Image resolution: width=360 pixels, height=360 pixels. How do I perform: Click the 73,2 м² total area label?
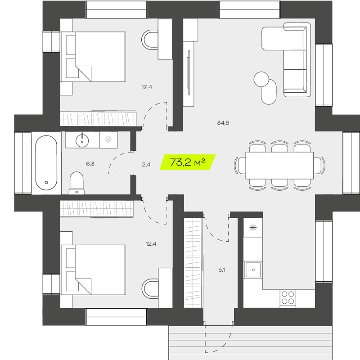pos(187,162)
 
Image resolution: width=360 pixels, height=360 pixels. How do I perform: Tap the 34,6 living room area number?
pos(223,123)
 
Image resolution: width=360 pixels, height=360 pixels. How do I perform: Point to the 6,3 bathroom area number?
pos(90,164)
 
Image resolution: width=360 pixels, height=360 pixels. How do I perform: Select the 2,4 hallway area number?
pos(146,164)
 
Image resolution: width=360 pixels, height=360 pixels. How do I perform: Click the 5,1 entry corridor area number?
pos(221,270)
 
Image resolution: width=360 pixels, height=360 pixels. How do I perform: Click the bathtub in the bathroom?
pos(46,163)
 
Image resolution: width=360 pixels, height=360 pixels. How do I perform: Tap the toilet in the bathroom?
pos(76,183)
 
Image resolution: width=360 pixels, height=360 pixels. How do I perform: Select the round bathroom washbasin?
pos(82,140)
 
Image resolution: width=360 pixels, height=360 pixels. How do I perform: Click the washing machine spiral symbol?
pos(108,139)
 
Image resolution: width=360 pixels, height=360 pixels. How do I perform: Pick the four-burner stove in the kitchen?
pos(288,298)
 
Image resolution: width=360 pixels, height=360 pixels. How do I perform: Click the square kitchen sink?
pos(253,270)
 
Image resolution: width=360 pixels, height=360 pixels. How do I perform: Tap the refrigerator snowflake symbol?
pos(253,228)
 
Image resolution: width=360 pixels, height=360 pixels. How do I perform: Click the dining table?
pos(279,165)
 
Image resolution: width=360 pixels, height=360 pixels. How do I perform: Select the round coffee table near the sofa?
pos(261,79)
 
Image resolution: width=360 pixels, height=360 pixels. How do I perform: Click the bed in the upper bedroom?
pos(94,57)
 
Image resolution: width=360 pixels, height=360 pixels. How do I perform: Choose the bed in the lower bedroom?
pos(94,270)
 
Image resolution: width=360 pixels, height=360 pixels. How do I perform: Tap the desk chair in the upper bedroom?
pos(150,40)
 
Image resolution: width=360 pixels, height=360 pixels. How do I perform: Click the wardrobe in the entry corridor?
pos(193,263)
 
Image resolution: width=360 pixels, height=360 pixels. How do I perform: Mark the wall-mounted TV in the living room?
pos(189,72)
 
